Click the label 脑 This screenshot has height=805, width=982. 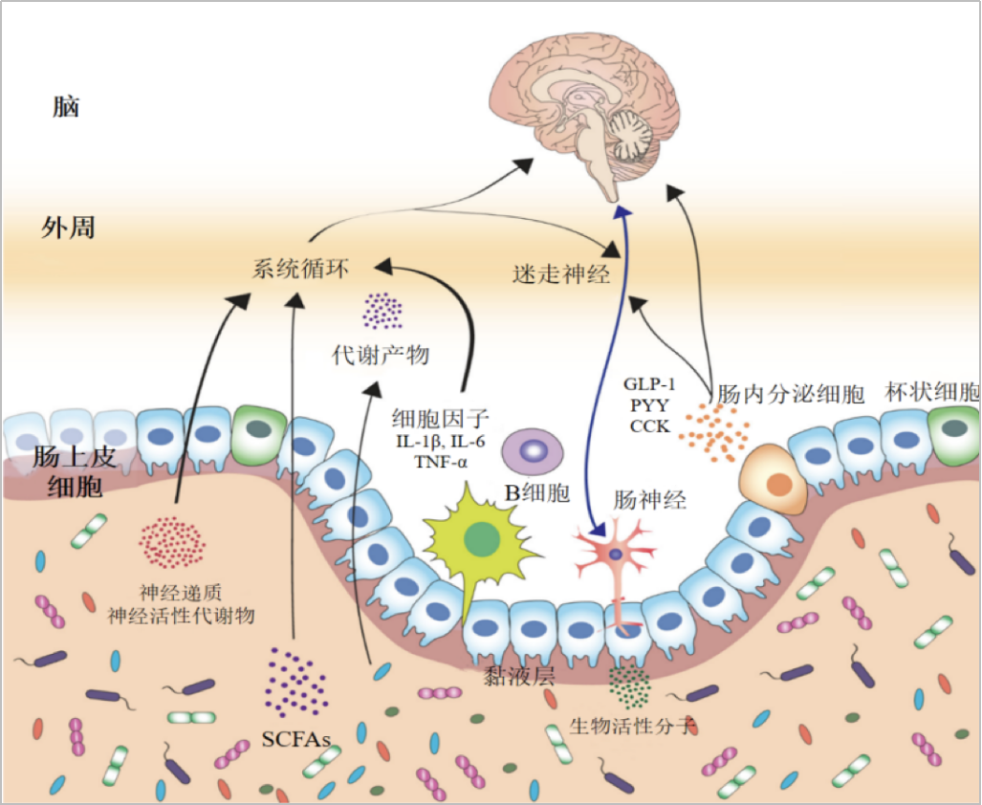66,107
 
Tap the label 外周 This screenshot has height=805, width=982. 68,228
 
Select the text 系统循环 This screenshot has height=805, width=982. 300,270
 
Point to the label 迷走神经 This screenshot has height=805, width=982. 561,274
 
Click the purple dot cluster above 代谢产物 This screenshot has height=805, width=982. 382,311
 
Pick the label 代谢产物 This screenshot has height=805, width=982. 381,355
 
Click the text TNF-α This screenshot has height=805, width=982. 441,462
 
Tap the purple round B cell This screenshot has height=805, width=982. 533,451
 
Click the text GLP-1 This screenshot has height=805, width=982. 649,383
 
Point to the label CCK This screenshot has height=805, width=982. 649,426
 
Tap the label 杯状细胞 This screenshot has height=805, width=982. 932,392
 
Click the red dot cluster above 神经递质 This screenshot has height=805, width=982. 172,542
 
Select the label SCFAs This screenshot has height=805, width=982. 295,739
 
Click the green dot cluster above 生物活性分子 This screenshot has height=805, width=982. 630,687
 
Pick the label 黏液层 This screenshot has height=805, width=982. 519,676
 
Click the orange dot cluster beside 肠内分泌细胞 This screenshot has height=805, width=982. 714,432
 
